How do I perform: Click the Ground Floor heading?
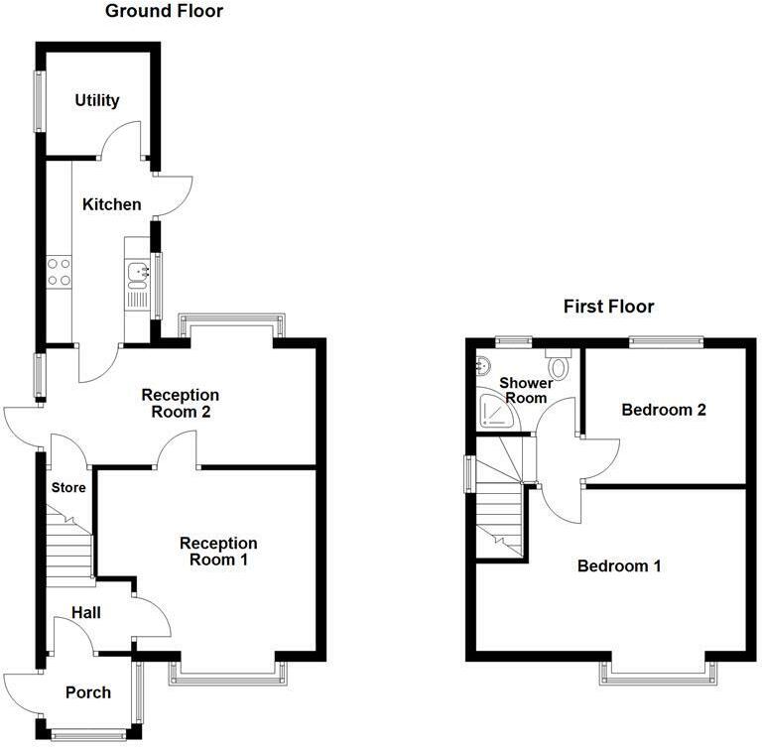click(x=164, y=12)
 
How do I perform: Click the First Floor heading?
click(x=608, y=306)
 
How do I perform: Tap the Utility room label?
click(x=97, y=100)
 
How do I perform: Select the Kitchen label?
click(x=111, y=204)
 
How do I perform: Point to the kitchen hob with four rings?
click(x=59, y=271)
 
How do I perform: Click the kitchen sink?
click(x=137, y=270)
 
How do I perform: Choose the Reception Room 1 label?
click(x=218, y=551)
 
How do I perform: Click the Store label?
click(x=68, y=487)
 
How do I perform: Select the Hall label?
click(x=85, y=614)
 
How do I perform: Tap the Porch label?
click(x=87, y=691)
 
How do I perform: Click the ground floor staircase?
click(x=67, y=547)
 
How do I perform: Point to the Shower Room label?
click(x=524, y=390)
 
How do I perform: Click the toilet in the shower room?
click(x=558, y=366)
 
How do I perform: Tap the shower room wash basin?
click(x=484, y=364)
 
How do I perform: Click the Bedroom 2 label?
click(x=664, y=409)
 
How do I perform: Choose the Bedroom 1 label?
click(x=619, y=566)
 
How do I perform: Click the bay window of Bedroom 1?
click(x=657, y=675)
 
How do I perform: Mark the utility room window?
click(x=41, y=99)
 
